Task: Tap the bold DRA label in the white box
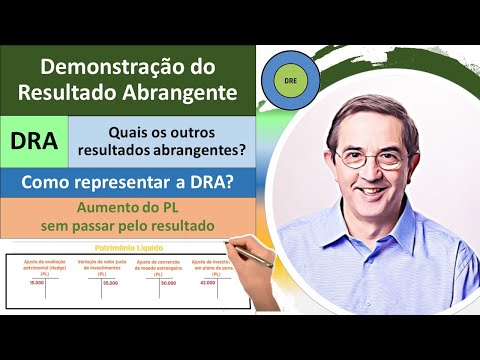point(33,141)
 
